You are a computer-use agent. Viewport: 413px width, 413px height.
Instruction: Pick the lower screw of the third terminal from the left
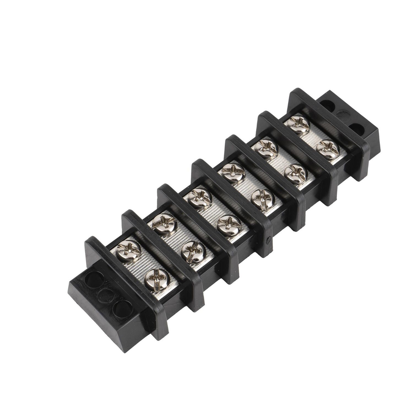click(x=229, y=225)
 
